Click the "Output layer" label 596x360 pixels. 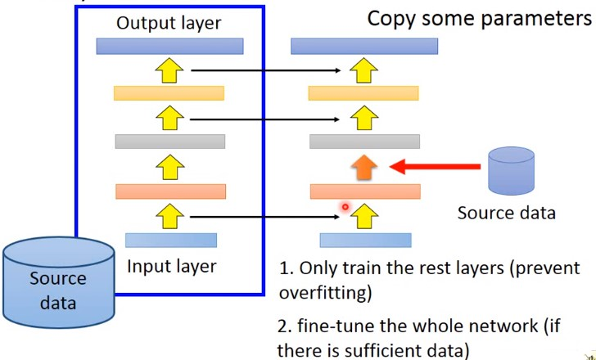pos(169,23)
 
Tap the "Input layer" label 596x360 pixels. pos(171,266)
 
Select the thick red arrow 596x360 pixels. pos(434,167)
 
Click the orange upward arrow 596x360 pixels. pos(365,166)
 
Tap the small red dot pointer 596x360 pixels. pos(345,207)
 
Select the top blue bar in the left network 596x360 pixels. pos(170,46)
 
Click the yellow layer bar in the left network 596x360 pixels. pos(169,92)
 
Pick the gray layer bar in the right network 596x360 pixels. pos(365,142)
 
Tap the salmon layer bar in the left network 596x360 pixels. pos(170,191)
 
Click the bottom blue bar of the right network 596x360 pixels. pos(365,240)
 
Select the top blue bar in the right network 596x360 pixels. pos(365,46)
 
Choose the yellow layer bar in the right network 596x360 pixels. pos(365,92)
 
